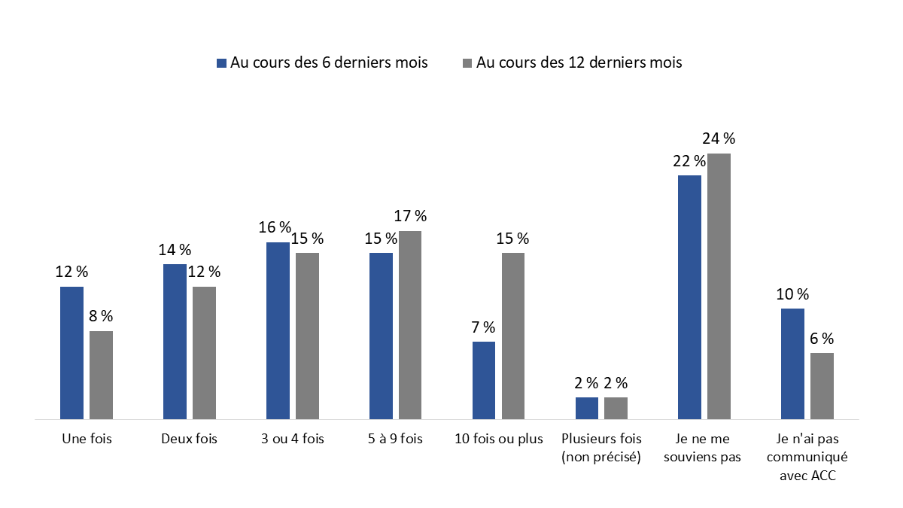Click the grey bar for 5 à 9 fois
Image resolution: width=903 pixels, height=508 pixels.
click(410, 324)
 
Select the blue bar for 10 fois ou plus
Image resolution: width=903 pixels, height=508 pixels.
click(484, 380)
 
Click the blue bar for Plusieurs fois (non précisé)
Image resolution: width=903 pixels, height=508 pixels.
click(587, 408)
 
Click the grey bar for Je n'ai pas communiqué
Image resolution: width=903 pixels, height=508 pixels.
click(822, 385)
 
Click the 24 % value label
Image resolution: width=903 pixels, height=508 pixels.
click(719, 138)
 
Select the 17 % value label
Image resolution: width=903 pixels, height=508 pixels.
click(410, 217)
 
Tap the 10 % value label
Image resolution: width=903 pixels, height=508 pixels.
click(792, 294)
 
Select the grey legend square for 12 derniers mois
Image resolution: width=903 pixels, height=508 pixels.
click(467, 63)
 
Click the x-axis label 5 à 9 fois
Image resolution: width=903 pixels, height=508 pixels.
click(396, 440)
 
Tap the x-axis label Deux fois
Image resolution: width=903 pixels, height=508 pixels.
click(189, 440)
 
